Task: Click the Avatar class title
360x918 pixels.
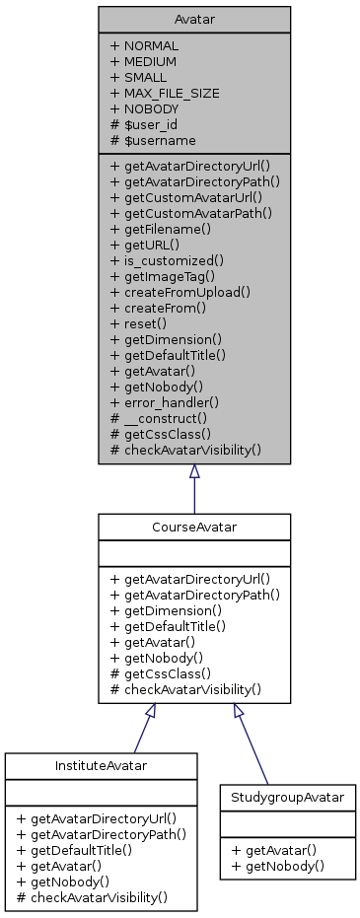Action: (x=194, y=20)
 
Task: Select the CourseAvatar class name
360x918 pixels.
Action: (x=194, y=527)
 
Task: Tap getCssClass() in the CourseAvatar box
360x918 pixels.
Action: (x=167, y=673)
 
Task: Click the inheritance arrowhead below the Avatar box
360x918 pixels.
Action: (x=194, y=472)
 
